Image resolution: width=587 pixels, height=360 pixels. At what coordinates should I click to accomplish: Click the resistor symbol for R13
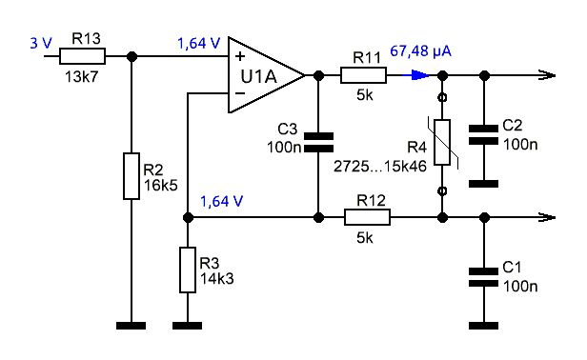pos(82,56)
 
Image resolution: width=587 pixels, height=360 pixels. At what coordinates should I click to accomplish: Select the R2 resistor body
pos(132,176)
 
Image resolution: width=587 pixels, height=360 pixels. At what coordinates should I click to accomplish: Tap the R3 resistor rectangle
pos(188,270)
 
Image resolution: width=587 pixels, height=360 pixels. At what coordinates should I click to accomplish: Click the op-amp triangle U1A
pos(267,75)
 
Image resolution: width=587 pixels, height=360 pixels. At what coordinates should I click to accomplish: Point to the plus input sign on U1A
pos(240,56)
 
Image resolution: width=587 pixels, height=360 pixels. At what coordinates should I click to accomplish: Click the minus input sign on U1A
pos(240,92)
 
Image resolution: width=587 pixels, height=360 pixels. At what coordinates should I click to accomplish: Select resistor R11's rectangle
pos(363,75)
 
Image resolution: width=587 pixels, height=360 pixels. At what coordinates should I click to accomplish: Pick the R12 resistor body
pos(367,217)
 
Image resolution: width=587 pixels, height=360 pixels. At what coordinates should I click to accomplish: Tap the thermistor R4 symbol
pos(443,142)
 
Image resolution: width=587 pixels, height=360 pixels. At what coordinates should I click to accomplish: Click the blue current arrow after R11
pos(415,75)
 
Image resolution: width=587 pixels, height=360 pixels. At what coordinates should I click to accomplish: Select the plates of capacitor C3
pos(318,142)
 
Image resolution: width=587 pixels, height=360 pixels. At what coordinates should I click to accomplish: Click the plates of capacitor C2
pos(484,135)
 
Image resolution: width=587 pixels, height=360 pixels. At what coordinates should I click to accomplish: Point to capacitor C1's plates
pos(484,277)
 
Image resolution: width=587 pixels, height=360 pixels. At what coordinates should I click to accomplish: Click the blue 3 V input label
pos(41,44)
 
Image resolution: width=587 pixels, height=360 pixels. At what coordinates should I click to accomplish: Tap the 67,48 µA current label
pos(421,51)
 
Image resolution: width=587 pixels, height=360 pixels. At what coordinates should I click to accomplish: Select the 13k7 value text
pos(82,77)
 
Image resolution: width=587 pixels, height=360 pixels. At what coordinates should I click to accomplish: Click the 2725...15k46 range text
pos(380,166)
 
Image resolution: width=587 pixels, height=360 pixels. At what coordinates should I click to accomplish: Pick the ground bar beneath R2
pos(132,326)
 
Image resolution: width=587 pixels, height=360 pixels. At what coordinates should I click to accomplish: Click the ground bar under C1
pos(484,326)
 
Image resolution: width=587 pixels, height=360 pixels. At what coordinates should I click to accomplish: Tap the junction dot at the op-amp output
pos(318,75)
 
